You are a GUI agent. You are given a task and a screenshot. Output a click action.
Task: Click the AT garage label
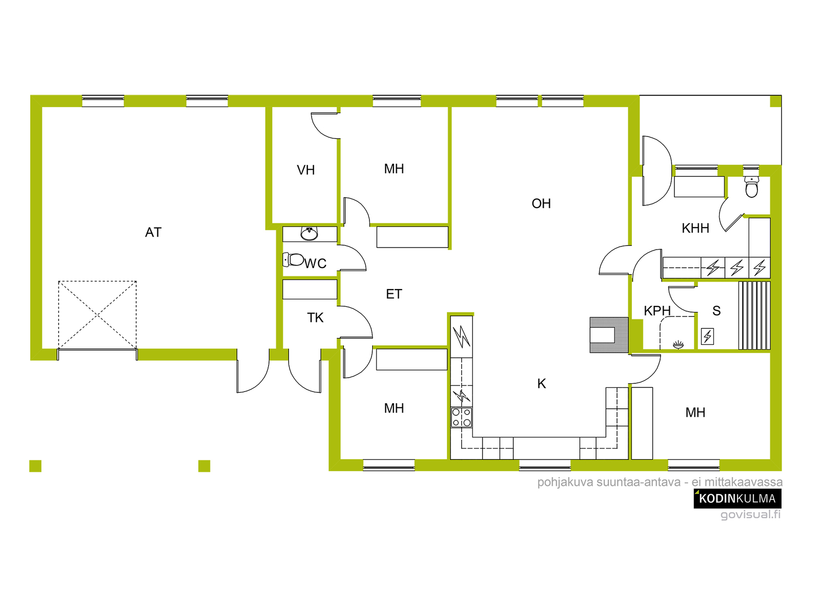(x=153, y=232)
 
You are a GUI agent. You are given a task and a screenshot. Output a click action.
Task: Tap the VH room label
(x=305, y=170)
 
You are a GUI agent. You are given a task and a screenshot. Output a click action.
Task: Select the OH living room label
(x=541, y=203)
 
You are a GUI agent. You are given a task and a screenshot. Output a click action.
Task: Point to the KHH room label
(x=695, y=228)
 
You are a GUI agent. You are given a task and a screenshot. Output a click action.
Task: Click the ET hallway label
(x=394, y=294)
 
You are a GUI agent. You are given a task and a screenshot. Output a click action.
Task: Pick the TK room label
(x=315, y=318)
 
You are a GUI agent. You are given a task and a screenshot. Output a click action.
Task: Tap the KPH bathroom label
(x=657, y=311)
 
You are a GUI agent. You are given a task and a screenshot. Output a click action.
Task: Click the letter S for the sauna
(x=716, y=311)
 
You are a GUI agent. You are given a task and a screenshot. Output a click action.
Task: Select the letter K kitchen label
(x=541, y=383)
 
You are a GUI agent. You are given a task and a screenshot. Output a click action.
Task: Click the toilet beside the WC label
(x=293, y=259)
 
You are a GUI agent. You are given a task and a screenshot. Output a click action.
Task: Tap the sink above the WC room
(x=310, y=234)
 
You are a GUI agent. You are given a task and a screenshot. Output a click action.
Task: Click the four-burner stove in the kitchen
(x=461, y=418)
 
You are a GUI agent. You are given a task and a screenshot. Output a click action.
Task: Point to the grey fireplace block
(x=609, y=335)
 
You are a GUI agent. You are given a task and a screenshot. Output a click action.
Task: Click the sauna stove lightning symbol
(x=707, y=336)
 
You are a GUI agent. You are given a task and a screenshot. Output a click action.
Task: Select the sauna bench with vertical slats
(x=754, y=316)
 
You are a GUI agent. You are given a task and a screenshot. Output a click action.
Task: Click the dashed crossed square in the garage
(x=97, y=315)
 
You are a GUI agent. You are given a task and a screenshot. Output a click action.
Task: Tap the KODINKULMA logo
(x=737, y=499)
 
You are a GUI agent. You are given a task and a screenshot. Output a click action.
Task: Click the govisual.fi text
(x=750, y=514)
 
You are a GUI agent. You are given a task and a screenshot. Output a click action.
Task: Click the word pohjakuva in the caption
(x=565, y=482)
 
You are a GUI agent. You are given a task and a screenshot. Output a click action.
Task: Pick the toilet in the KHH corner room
(x=752, y=187)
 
